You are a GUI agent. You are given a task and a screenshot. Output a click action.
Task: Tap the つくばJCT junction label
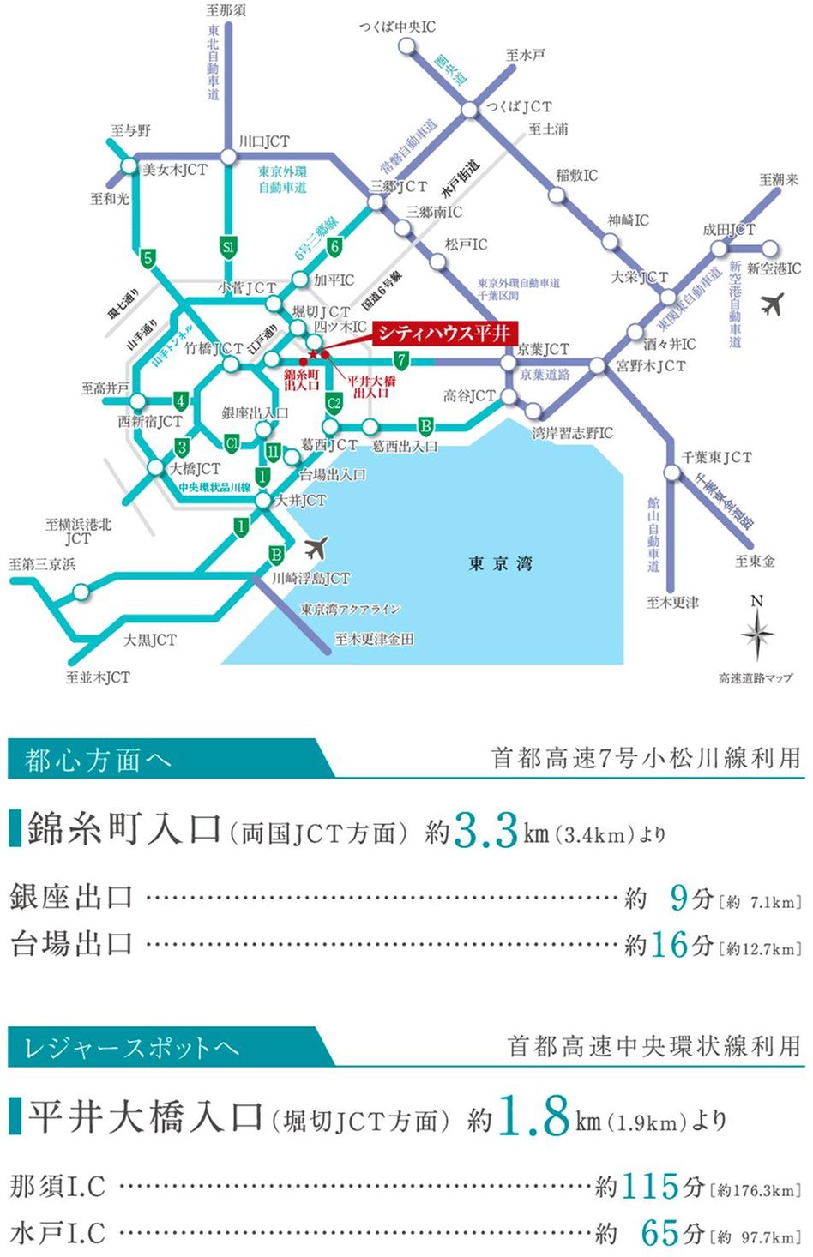point(519,106)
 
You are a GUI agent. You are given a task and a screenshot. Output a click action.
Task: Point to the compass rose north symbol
point(756,630)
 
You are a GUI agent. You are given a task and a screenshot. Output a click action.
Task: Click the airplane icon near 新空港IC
point(773,303)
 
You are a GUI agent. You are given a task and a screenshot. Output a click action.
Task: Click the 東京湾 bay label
point(500,563)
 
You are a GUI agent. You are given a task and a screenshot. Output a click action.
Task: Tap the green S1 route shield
point(227,248)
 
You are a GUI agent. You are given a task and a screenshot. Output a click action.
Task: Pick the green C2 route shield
point(334,401)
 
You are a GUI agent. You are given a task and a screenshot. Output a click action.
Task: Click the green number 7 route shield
point(400,360)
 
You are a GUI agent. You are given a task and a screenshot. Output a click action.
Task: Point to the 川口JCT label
point(263,141)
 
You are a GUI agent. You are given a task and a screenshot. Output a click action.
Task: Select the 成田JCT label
point(729,229)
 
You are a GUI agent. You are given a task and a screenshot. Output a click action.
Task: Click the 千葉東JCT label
point(717,457)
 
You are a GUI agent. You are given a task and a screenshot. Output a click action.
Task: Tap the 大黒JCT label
point(149,640)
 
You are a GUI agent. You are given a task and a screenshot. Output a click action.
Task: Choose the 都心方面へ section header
point(98,760)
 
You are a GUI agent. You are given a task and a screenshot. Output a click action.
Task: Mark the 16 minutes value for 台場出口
point(669,944)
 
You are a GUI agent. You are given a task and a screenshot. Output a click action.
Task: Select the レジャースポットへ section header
point(131,1047)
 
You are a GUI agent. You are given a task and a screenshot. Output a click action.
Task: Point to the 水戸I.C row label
point(57,1234)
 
